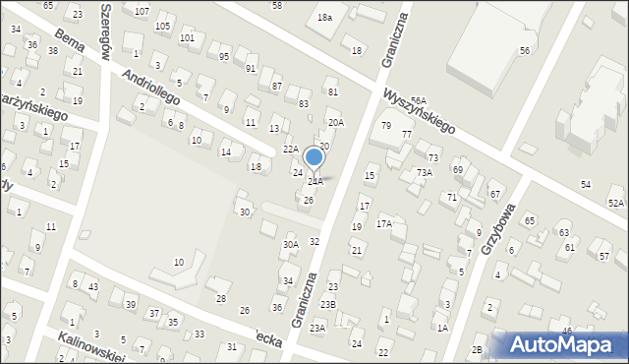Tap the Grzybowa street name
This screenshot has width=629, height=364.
tap(499, 229)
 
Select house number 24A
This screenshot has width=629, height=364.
tap(314, 182)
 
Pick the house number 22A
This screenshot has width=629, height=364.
tap(290, 149)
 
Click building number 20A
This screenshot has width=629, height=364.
tap(336, 123)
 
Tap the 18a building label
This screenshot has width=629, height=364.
tap(324, 18)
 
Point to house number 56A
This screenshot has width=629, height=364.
tap(420, 101)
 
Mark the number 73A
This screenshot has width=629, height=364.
tap(424, 172)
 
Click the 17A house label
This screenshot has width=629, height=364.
tap(383, 223)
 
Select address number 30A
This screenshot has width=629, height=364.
tap(290, 244)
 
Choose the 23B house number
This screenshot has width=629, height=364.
tap(326, 304)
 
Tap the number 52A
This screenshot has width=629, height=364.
tap(615, 202)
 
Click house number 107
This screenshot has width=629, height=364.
tap(142, 11)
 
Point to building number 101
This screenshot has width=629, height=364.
tap(187, 38)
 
